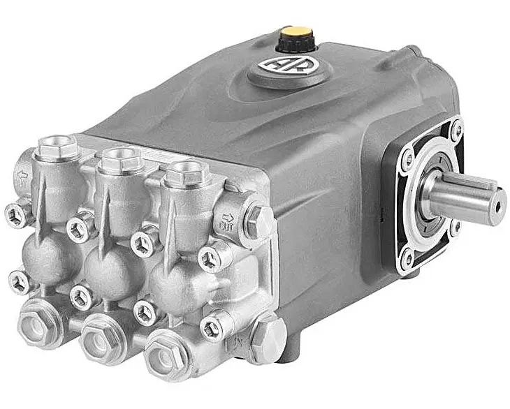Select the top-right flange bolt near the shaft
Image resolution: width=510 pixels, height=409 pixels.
point(456,130)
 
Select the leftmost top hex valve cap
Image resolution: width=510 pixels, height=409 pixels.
point(57,147)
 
